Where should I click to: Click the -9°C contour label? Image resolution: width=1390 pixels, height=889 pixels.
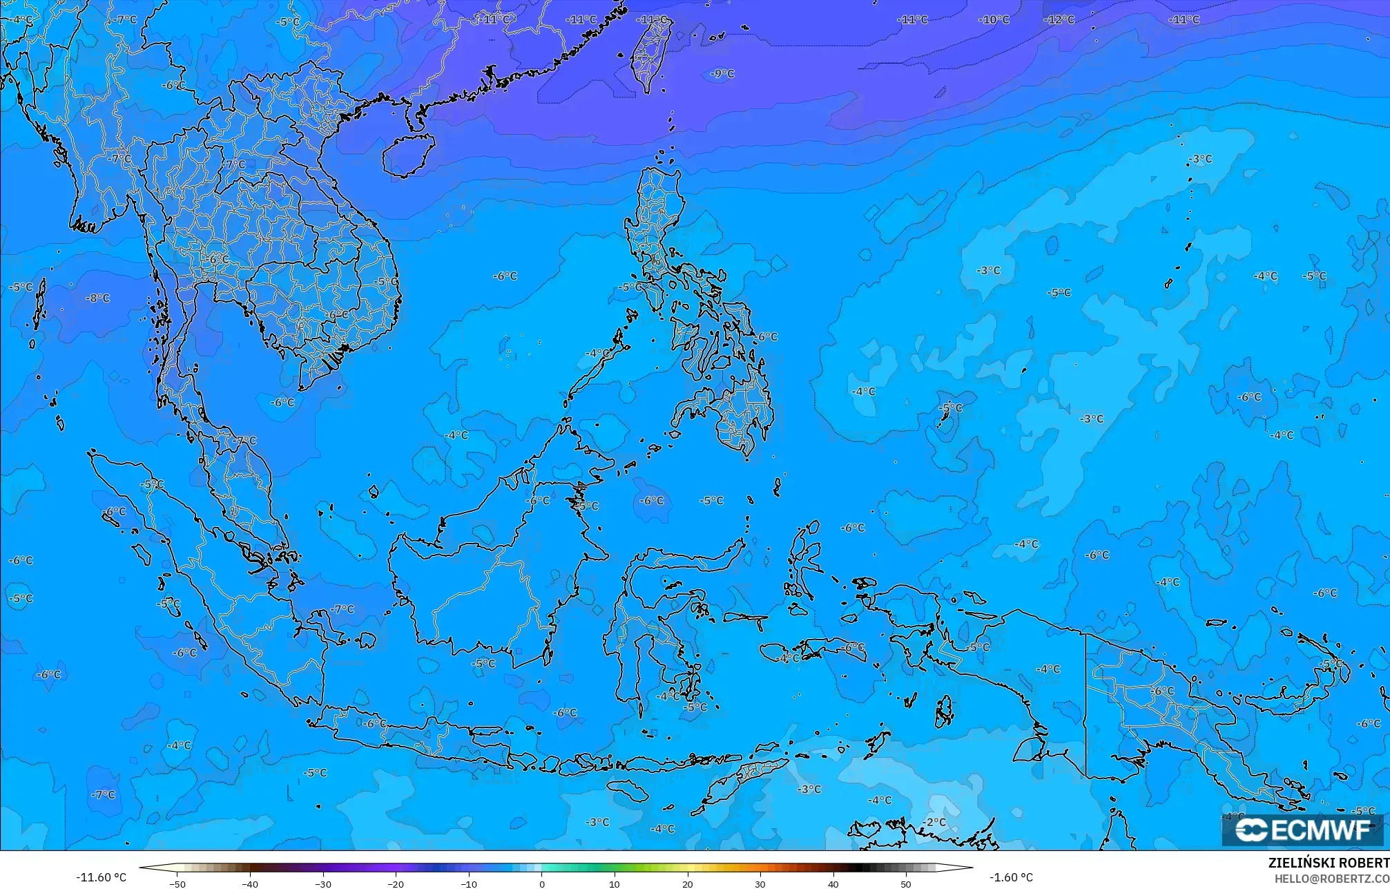(722, 74)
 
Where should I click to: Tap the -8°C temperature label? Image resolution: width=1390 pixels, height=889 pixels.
(97, 298)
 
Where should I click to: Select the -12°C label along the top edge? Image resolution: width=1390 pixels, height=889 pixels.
(1059, 20)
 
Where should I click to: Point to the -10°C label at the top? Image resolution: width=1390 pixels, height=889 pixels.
(994, 20)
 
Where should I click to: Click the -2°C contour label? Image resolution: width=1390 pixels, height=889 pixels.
(935, 822)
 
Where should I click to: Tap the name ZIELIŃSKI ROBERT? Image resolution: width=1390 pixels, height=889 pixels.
(1329, 863)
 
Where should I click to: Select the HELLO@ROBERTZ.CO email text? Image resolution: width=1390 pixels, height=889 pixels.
(1331, 879)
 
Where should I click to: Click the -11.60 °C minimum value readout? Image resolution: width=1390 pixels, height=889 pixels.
(101, 877)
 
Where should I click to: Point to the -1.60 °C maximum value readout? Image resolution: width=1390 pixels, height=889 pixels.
(1011, 877)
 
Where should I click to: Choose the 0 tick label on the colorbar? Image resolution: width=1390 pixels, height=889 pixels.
(542, 883)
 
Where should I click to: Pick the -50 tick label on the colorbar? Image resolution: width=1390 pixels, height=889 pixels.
(177, 883)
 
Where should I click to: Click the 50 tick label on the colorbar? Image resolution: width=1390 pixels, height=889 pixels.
(906, 883)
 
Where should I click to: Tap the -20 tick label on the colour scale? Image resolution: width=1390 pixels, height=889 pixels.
(396, 883)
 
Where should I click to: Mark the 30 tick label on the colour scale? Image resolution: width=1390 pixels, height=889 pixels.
(760, 883)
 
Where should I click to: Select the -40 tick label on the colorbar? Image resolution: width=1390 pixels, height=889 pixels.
(250, 883)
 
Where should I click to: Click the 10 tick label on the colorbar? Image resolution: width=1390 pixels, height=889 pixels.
(615, 883)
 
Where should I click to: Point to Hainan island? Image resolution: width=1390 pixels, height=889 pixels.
(407, 153)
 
